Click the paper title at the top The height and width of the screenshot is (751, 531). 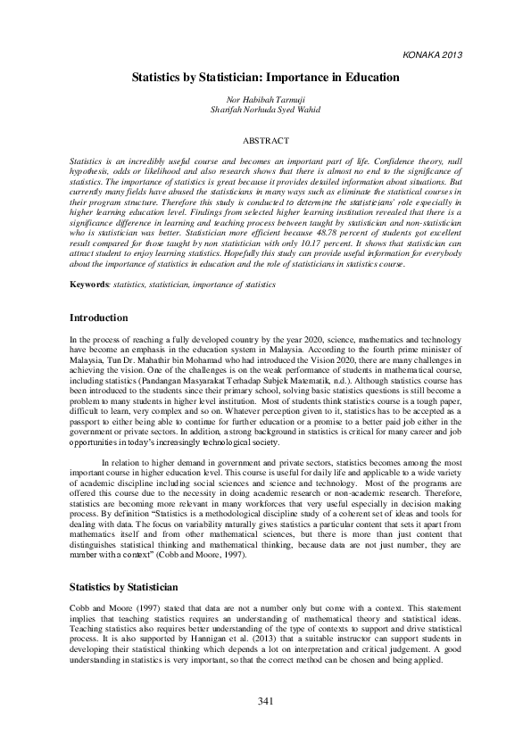(265, 78)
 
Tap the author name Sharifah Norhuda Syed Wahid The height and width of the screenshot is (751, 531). (265, 111)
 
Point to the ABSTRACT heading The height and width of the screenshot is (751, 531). (266, 141)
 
